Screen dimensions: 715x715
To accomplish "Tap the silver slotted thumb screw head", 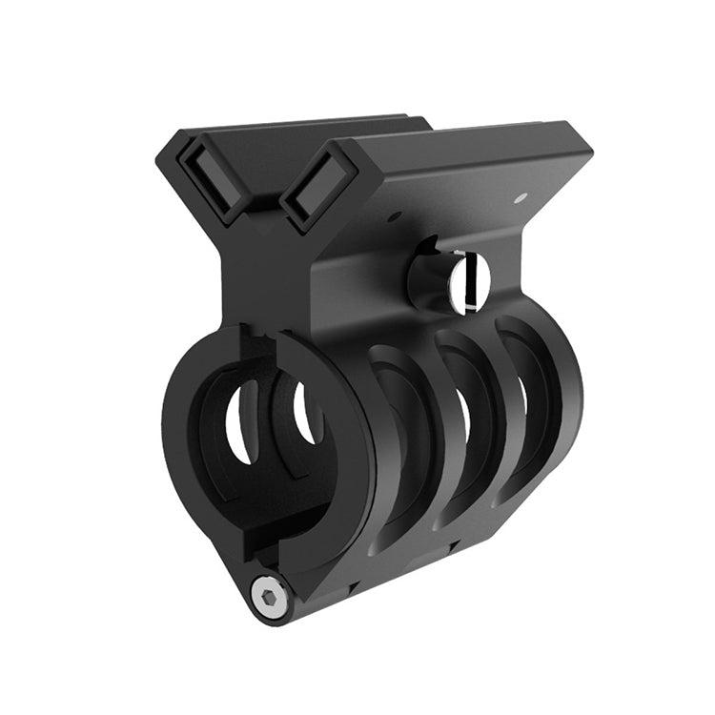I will coord(469,282).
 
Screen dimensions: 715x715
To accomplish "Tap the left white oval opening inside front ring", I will coord(240,421).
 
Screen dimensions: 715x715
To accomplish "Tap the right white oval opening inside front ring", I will coord(307,413).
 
